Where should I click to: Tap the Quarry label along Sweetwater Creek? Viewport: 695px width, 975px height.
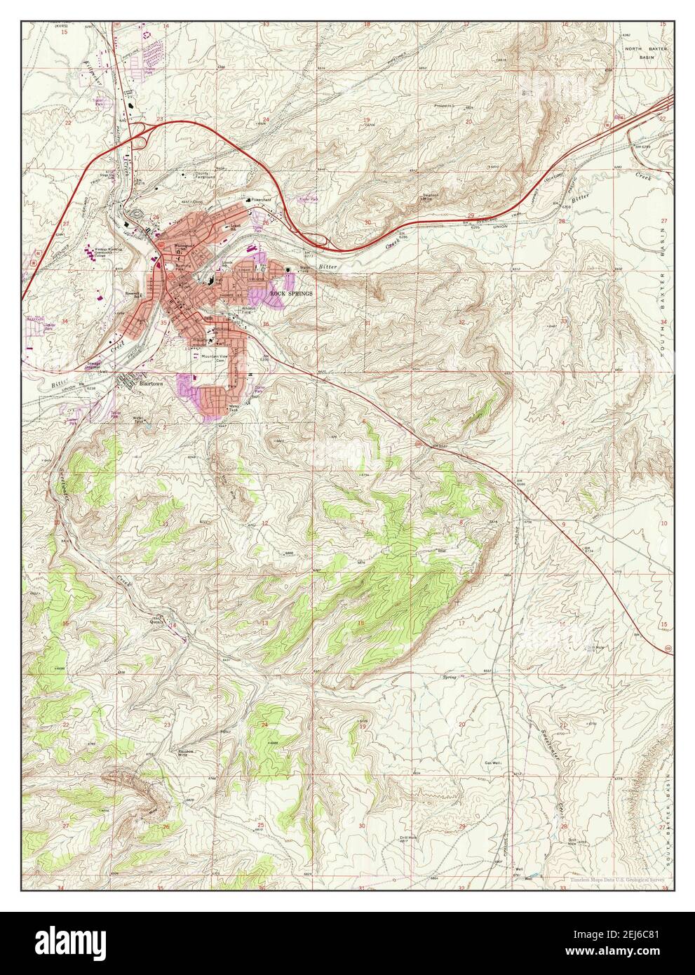click(x=155, y=619)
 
